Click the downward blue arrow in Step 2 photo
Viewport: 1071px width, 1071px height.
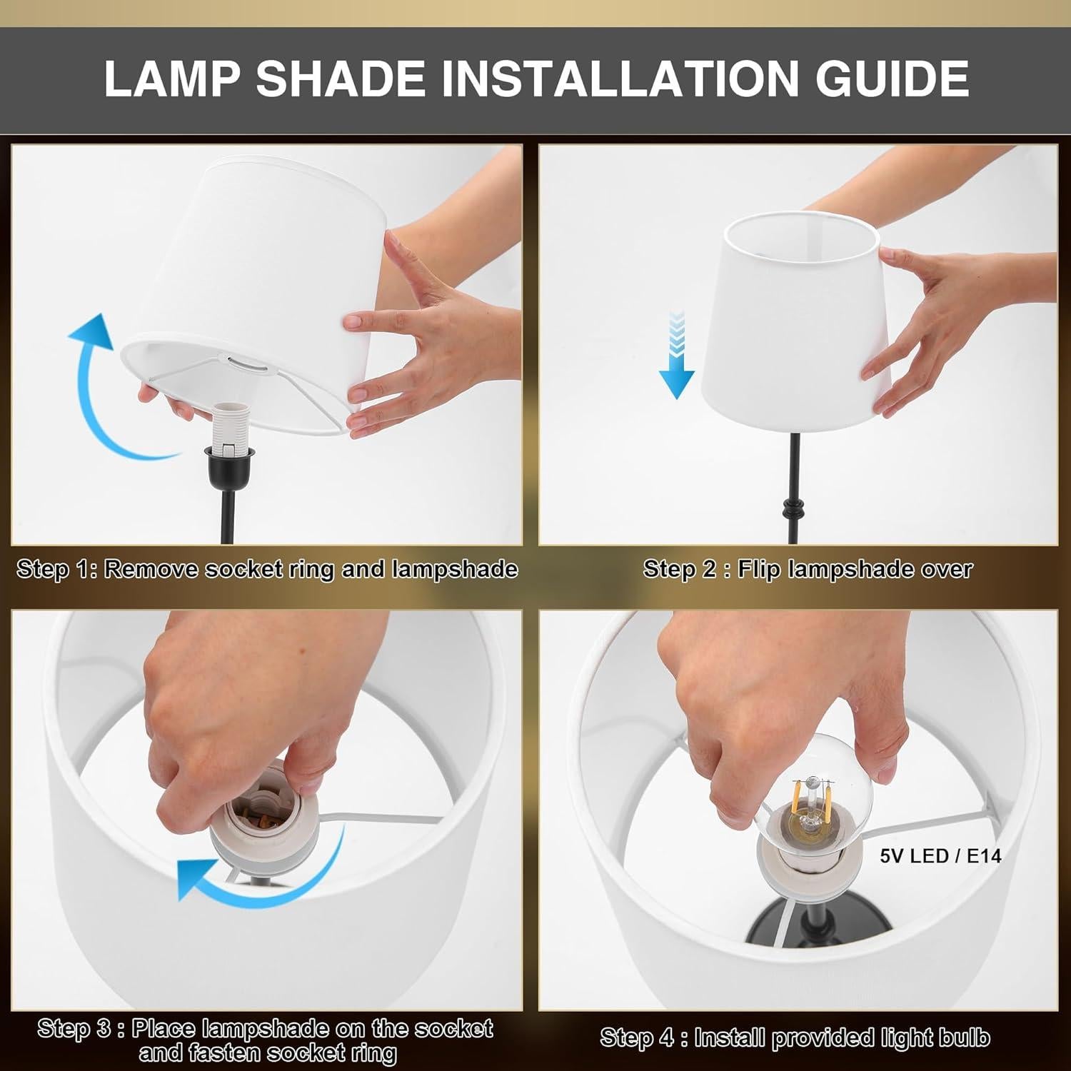click(x=675, y=357)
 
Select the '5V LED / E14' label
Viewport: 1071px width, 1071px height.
click(x=940, y=855)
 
